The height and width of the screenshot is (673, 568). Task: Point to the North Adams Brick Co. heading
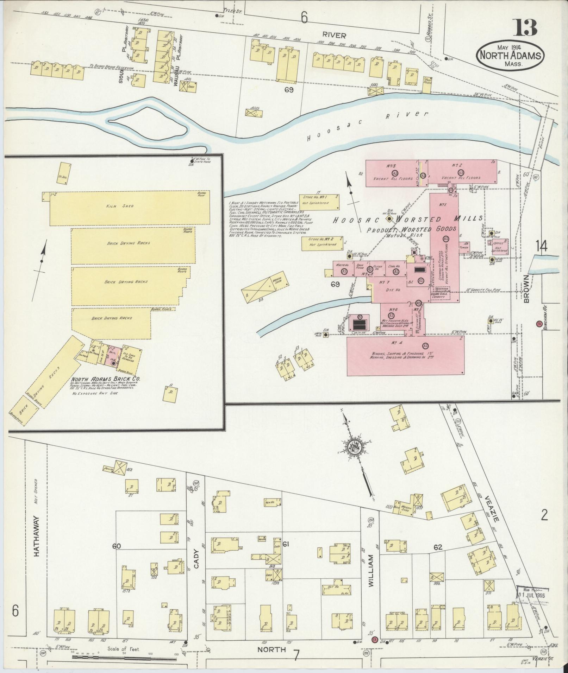[x=106, y=379]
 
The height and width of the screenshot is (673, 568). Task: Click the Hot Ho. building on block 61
[x=337, y=588]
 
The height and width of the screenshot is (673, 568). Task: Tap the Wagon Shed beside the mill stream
[x=266, y=287]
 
